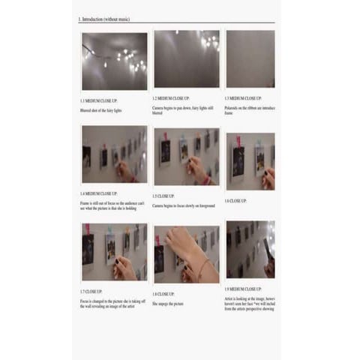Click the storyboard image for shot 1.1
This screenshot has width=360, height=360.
click(x=114, y=61)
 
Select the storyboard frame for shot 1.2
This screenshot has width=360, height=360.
click(x=186, y=59)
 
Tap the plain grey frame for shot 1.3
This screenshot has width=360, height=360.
click(x=250, y=59)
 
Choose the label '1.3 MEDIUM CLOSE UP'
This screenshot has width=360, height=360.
click(x=244, y=97)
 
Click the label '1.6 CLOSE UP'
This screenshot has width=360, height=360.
click(x=236, y=201)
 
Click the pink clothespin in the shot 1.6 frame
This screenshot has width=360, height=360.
click(x=259, y=142)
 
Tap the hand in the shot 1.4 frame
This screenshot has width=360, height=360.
click(x=124, y=171)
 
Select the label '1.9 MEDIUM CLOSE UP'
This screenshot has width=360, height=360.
click(x=244, y=288)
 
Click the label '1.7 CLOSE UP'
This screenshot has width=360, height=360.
click(x=92, y=291)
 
